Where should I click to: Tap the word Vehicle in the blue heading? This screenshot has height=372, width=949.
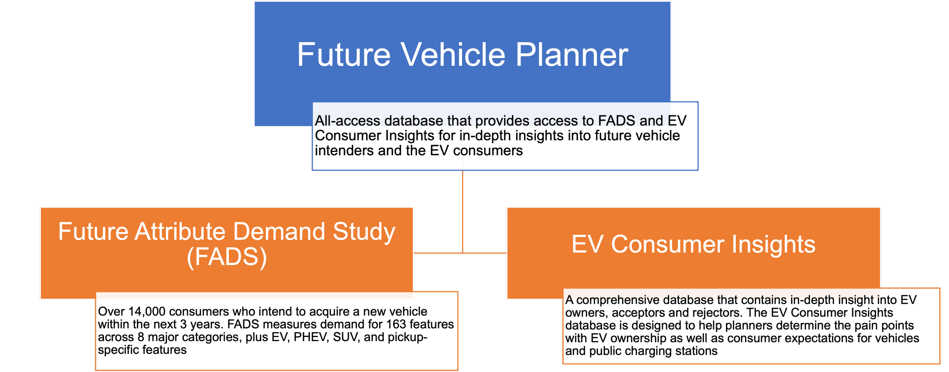(x=453, y=55)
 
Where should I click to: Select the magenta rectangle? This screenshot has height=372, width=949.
(x=584, y=190)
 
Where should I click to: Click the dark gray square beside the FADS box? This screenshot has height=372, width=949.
(x=438, y=229)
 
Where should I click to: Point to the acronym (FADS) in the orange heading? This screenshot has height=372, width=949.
(x=227, y=257)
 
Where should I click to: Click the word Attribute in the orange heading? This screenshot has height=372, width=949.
(x=180, y=232)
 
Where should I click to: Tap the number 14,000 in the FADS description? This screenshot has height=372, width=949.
(x=147, y=312)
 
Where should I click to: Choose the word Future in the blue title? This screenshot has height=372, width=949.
(x=344, y=55)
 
